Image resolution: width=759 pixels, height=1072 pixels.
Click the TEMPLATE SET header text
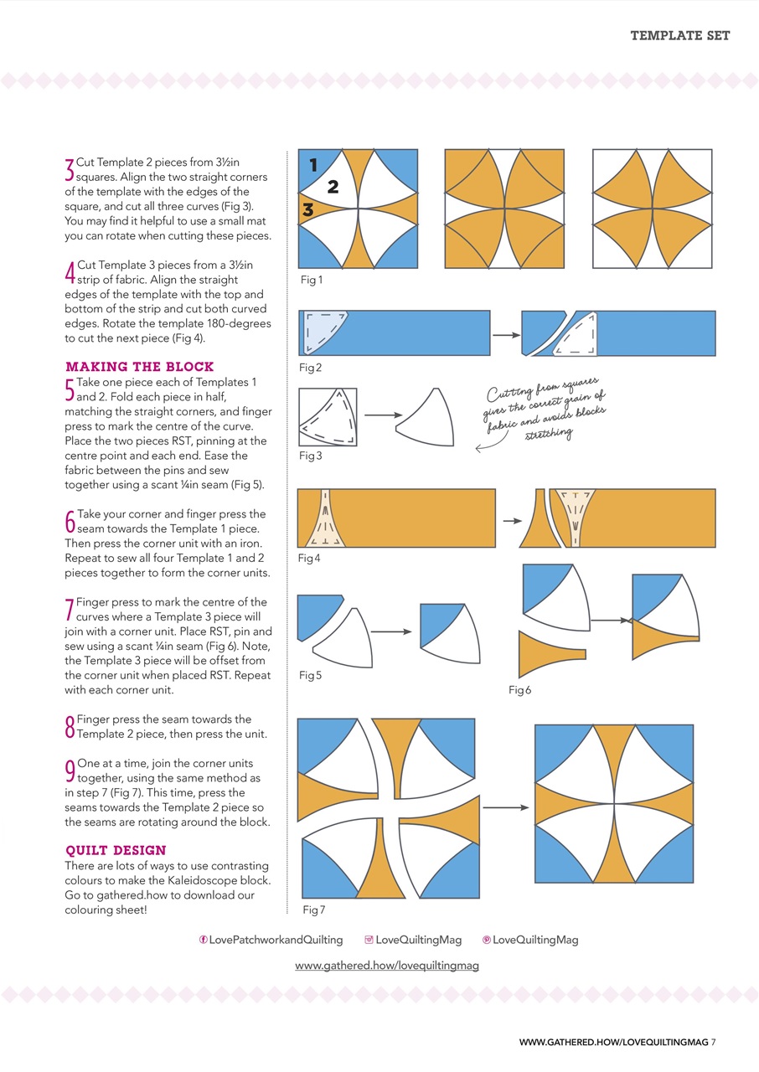(x=679, y=35)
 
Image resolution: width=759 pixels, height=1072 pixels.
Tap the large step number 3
(x=70, y=169)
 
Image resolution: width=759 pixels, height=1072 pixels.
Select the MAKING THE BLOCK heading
(x=139, y=367)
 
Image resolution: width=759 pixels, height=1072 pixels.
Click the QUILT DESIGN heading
(x=116, y=850)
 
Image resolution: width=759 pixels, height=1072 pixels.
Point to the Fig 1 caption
(x=311, y=281)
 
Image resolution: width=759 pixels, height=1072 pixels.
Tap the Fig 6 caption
(x=520, y=690)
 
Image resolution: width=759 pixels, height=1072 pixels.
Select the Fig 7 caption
(x=314, y=910)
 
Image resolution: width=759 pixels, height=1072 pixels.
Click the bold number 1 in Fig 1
(x=313, y=166)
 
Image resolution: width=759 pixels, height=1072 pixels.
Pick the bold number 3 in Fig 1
(x=307, y=210)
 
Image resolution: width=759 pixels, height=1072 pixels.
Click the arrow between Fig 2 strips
(x=505, y=335)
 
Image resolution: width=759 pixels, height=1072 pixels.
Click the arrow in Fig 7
(x=506, y=807)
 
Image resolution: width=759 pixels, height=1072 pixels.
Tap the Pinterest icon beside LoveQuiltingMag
(x=487, y=940)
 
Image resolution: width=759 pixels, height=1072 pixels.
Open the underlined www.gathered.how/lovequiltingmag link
(x=387, y=966)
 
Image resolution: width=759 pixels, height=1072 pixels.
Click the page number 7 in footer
(x=714, y=1042)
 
